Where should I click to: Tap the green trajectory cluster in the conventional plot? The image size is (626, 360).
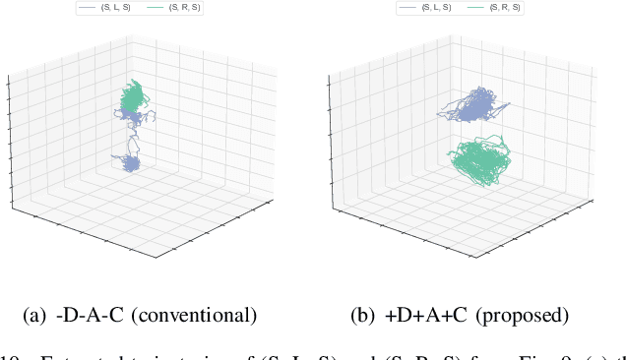[x=132, y=95]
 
